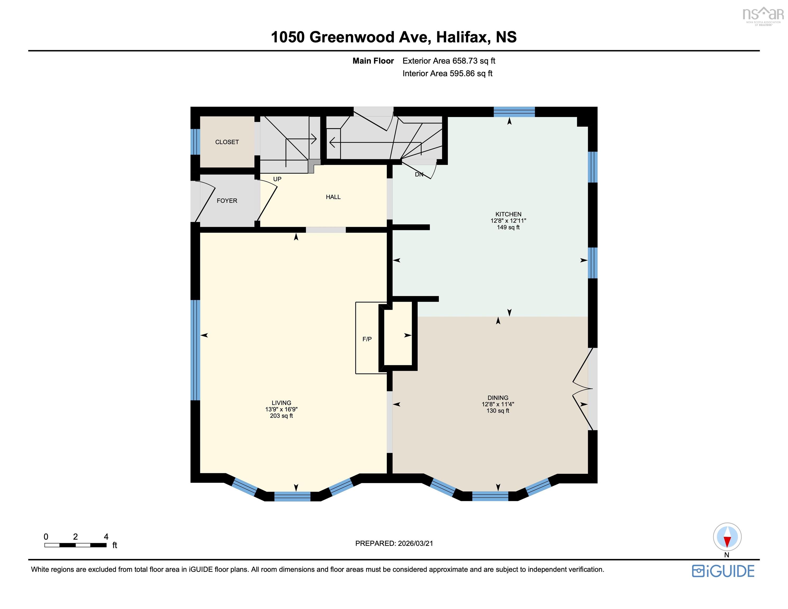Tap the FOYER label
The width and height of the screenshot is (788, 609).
pyautogui.click(x=226, y=201)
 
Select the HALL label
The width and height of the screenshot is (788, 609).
pyautogui.click(x=333, y=197)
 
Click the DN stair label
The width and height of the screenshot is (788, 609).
pyautogui.click(x=419, y=175)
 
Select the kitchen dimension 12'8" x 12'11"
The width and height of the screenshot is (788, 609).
pyautogui.click(x=508, y=220)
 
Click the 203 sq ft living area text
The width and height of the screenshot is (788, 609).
pyautogui.click(x=281, y=416)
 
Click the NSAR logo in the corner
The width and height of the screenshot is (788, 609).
pyautogui.click(x=763, y=16)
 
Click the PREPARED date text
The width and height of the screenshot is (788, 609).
pyautogui.click(x=394, y=543)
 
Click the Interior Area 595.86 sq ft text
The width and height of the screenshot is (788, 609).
pyautogui.click(x=447, y=74)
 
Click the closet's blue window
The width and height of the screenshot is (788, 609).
pyautogui.click(x=195, y=141)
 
